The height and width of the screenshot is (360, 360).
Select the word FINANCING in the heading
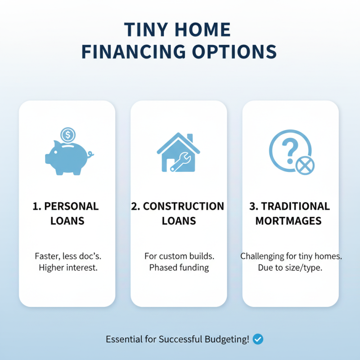click(134, 52)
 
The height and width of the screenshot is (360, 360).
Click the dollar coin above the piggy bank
click(68, 134)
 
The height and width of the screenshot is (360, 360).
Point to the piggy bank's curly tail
click(91, 154)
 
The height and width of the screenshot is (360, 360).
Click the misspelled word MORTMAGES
click(288, 221)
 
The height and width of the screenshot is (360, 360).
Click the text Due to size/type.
click(291, 268)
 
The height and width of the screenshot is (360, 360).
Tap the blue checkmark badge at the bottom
click(258, 339)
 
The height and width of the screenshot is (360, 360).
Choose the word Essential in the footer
click(123, 339)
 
